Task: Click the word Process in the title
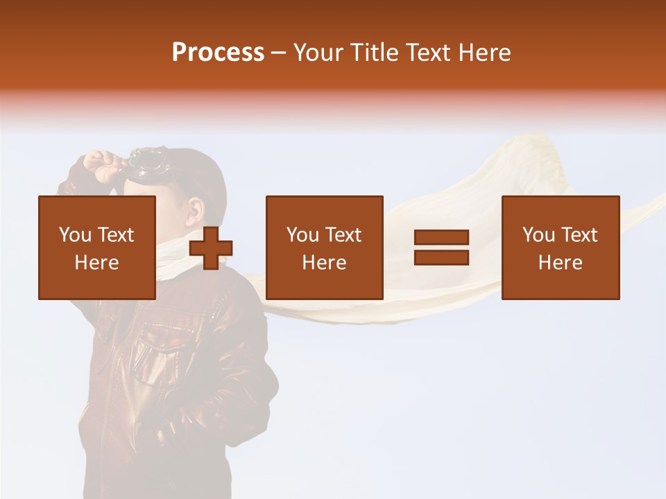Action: (218, 53)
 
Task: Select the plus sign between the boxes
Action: (210, 247)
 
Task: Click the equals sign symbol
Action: (441, 247)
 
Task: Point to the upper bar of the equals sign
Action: (441, 238)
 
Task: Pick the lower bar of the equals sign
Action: (441, 257)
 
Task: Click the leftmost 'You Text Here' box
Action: (96, 247)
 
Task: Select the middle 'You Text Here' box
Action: (324, 247)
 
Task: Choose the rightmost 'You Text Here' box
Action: (560, 247)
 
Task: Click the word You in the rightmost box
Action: (539, 235)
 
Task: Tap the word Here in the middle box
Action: (324, 263)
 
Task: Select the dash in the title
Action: (278, 53)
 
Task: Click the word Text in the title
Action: (425, 53)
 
